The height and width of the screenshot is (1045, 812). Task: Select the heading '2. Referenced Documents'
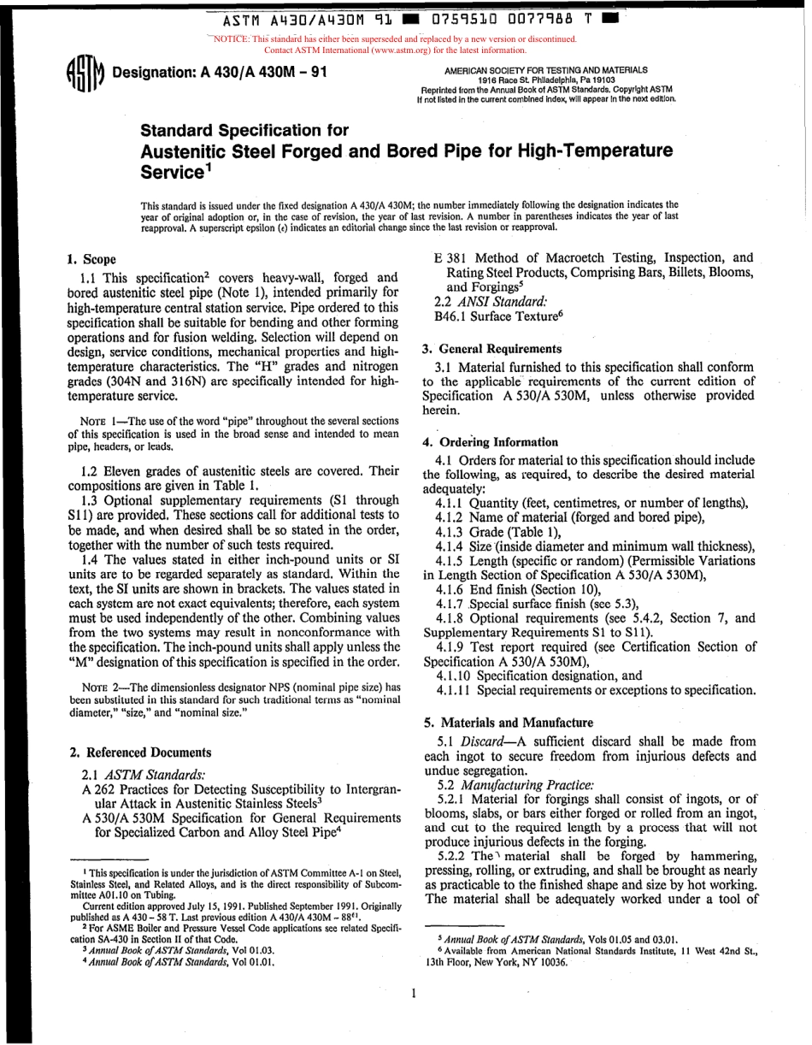point(139,753)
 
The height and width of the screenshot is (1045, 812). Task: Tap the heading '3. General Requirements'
point(491,348)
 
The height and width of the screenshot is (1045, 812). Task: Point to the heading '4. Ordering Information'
point(490,442)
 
